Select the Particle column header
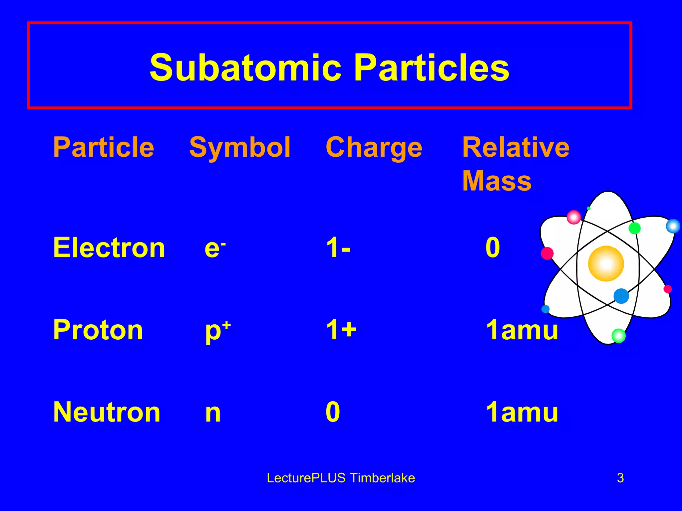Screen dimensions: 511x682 pos(104,147)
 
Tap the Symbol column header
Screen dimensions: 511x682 pos(240,147)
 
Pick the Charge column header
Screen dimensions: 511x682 pos(374,147)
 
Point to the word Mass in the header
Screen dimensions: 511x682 pos(497,181)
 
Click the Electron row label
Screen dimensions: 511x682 pos(109,248)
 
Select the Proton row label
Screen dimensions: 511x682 pos(98,330)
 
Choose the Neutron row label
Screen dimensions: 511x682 pos(107,412)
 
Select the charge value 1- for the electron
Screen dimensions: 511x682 pos(338,248)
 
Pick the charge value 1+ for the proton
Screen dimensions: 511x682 pos(341,330)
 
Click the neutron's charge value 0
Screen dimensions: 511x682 pos(333,412)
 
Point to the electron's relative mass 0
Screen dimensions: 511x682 pos(493,248)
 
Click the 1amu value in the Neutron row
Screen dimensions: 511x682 pos(522,412)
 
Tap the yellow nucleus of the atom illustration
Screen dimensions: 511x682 pos(606,263)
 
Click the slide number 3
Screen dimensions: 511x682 pos(620,478)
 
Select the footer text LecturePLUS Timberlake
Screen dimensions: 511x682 pos(341,478)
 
